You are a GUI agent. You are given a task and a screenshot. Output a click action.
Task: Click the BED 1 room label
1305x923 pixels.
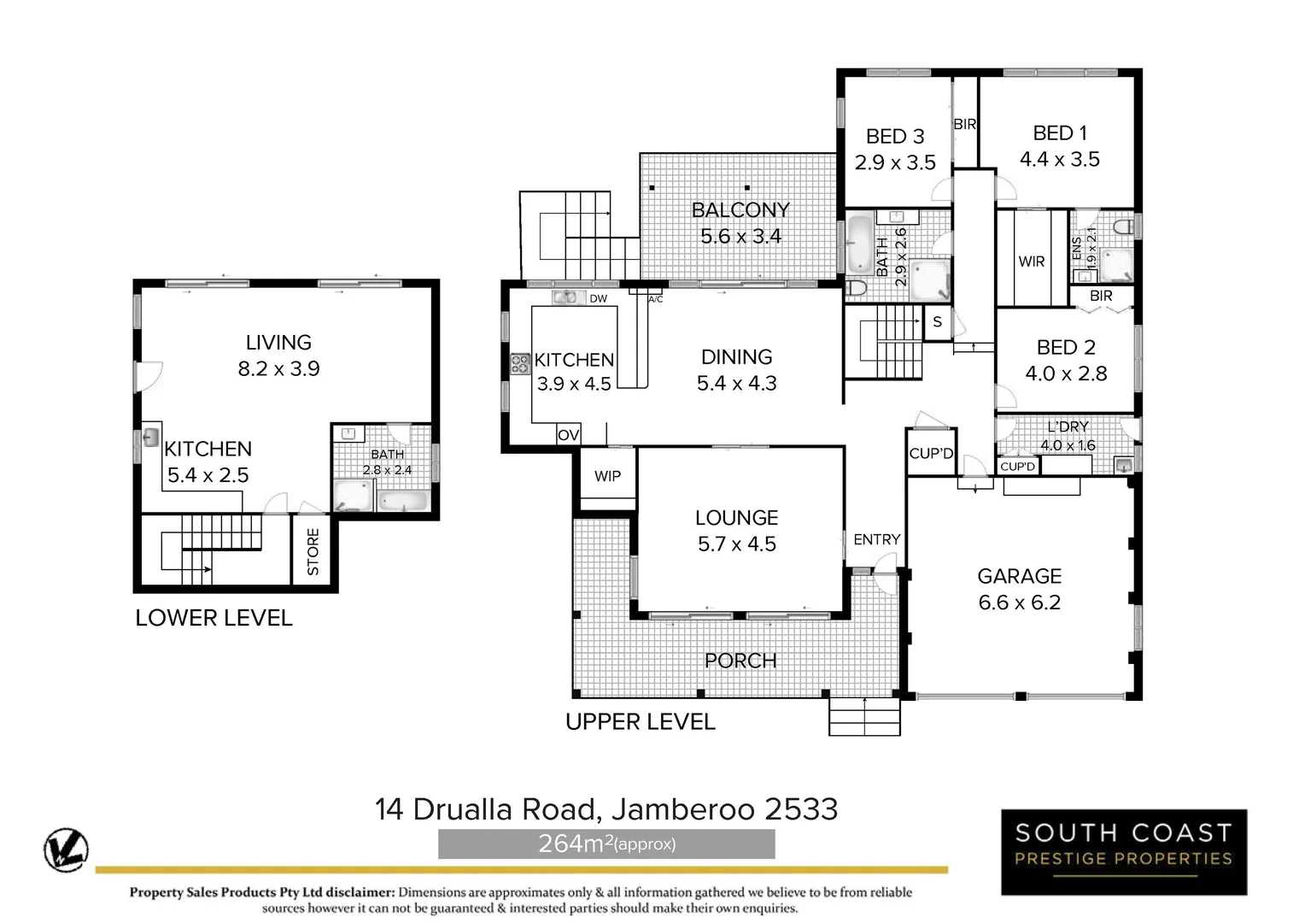1059,133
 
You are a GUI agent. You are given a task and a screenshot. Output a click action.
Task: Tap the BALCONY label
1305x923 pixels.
740,210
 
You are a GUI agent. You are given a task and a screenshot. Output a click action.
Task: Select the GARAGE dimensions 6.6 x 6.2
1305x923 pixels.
1019,603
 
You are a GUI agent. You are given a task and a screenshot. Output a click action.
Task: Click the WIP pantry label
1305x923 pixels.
607,476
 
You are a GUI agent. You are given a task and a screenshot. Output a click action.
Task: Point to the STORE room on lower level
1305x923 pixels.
313,551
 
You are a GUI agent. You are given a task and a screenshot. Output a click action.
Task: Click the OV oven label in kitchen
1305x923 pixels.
568,435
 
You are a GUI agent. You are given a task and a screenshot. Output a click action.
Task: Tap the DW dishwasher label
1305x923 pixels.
598,298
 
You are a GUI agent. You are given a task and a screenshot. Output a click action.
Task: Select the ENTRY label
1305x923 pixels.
876,539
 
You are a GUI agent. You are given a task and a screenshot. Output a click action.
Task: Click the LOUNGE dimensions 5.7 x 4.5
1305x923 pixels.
736,544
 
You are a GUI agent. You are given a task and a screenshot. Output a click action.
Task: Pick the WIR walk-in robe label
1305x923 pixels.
1031,262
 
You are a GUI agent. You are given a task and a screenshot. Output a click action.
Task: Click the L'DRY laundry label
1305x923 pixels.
1067,426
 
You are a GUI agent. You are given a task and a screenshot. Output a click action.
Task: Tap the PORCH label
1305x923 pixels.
740,661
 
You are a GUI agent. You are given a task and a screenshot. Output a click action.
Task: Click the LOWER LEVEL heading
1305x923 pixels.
214,618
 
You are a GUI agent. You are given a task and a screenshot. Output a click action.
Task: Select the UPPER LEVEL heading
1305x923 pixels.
640,722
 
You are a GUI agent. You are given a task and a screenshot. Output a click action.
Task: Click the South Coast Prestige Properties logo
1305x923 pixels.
1123,852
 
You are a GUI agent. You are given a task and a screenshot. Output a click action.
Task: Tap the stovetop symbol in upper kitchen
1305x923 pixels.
519,365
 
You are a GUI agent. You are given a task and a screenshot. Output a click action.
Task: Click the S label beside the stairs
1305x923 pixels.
937,322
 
